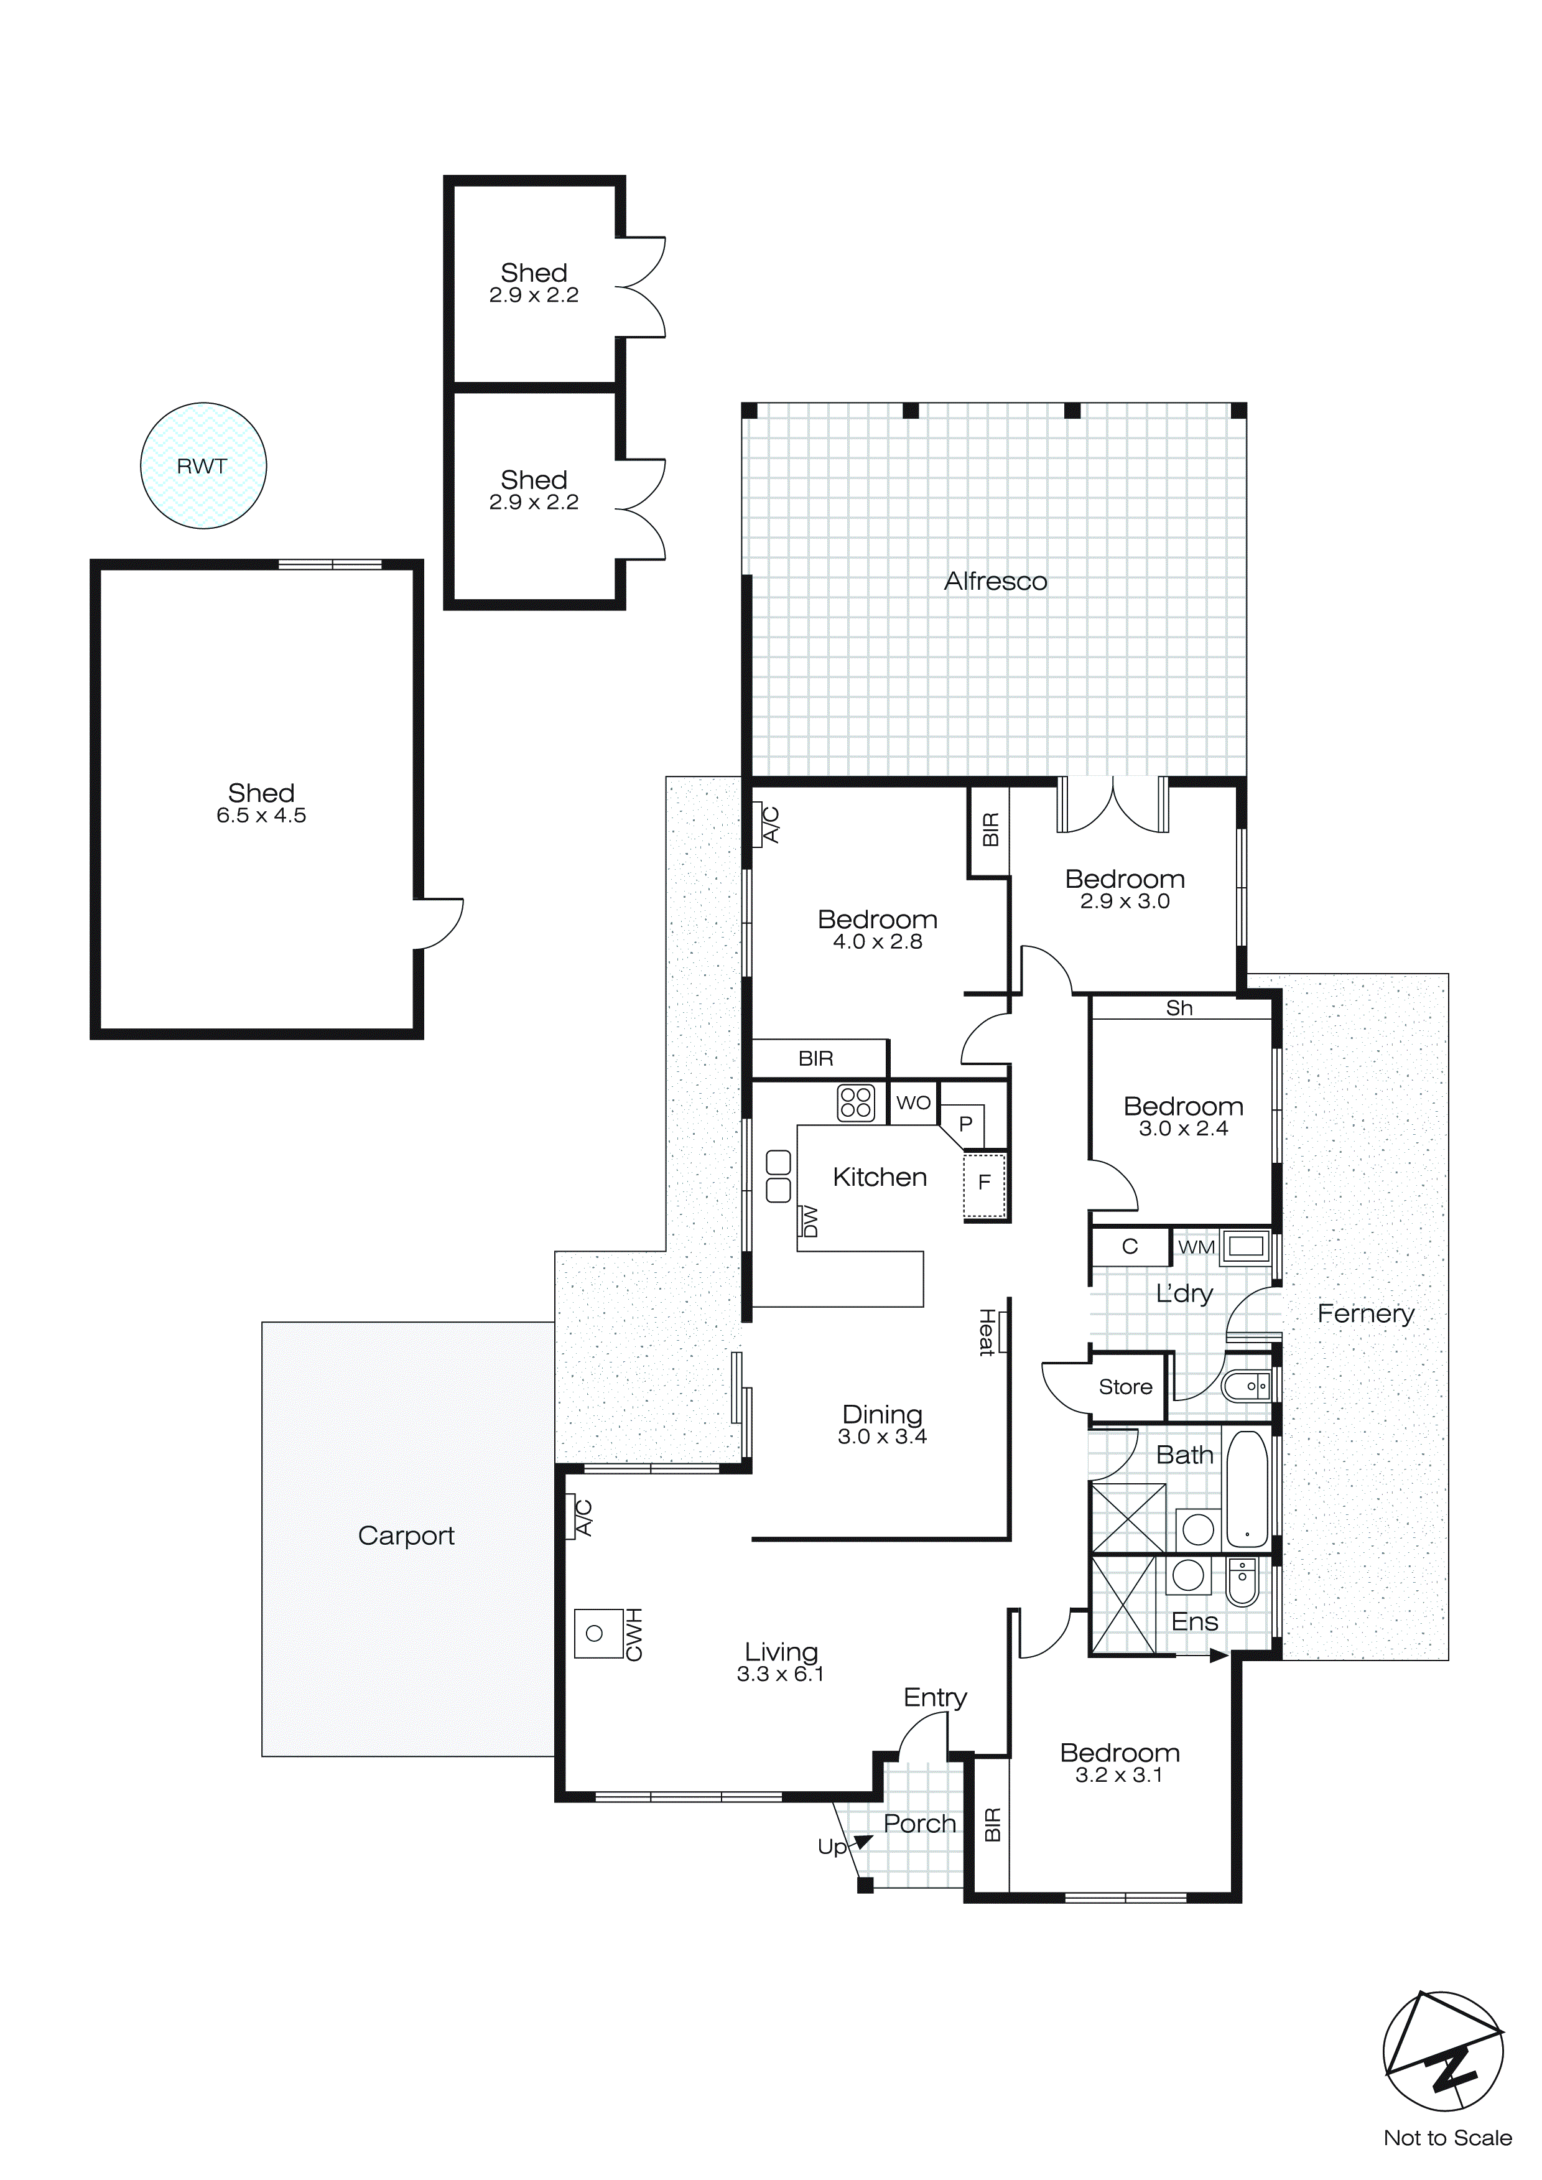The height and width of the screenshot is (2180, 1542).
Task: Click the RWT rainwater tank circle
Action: click(203, 465)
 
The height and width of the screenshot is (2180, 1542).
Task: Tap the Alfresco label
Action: click(995, 581)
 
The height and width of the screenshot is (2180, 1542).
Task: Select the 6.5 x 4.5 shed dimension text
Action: click(261, 816)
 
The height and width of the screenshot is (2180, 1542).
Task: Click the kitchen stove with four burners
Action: click(855, 1102)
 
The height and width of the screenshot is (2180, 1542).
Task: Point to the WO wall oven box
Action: click(913, 1102)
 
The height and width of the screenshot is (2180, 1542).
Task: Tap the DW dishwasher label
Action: click(810, 1221)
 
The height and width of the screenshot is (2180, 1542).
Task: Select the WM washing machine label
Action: click(1196, 1247)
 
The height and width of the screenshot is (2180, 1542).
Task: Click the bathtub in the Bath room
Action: click(1247, 1489)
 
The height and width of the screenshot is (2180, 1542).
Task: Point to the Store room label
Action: click(1125, 1387)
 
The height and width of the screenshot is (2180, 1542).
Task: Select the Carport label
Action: click(406, 1535)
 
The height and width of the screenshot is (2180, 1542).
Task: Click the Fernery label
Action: click(1365, 1313)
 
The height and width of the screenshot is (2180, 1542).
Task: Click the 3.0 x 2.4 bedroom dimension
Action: click(1183, 1129)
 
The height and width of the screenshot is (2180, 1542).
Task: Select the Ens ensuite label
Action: click(1194, 1622)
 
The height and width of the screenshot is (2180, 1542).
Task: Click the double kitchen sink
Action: click(779, 1176)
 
